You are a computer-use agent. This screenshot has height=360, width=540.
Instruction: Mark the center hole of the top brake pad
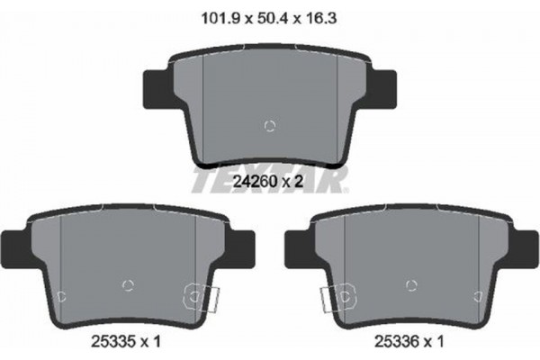click(x=268, y=125)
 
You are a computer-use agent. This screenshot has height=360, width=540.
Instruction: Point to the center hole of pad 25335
click(x=127, y=285)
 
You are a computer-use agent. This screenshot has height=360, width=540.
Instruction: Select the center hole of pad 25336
click(x=411, y=285)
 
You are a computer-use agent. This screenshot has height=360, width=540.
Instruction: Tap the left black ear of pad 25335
click(x=13, y=243)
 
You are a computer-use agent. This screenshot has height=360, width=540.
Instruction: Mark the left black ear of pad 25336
click(x=294, y=243)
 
